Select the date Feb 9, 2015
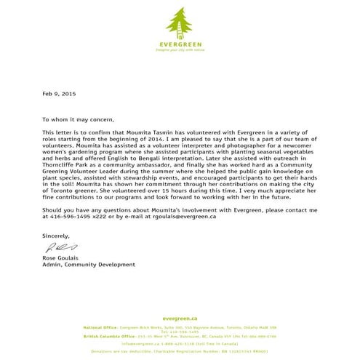click(58, 95)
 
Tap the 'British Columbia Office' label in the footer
click(107, 337)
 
